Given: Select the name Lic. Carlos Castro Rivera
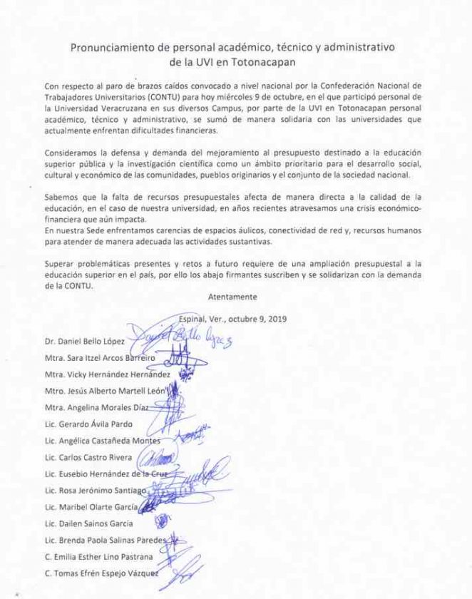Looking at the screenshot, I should (x=88, y=458).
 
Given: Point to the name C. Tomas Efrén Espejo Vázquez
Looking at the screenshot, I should (x=102, y=573).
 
